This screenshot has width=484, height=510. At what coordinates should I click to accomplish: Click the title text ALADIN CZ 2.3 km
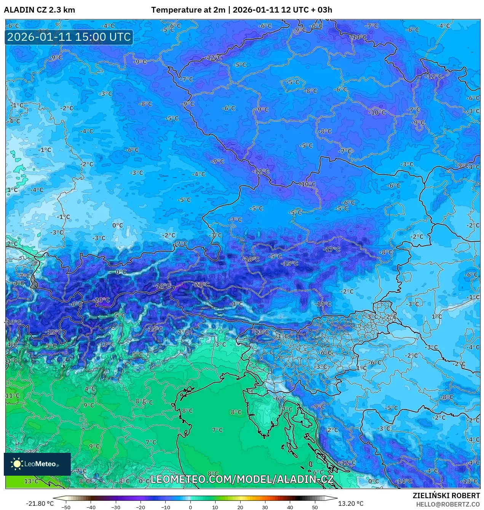(40, 10)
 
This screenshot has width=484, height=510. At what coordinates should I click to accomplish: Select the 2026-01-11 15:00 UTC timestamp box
(69, 37)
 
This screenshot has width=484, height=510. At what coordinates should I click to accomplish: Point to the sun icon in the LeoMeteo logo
(17, 464)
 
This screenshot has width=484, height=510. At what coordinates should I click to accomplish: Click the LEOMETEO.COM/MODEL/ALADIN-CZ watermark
(242, 479)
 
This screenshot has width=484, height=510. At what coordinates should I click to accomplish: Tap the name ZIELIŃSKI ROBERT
(446, 496)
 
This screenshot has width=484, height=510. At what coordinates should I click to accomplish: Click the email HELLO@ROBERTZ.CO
(448, 504)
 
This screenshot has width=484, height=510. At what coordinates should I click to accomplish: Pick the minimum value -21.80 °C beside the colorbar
(40, 504)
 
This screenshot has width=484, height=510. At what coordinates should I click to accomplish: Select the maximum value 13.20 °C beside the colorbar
(351, 504)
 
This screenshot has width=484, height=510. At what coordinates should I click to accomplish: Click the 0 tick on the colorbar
(190, 507)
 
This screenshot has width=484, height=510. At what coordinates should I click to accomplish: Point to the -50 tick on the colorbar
(66, 507)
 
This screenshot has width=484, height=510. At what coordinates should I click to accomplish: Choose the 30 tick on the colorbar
(265, 507)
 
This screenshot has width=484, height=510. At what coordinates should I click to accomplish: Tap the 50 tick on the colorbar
(315, 507)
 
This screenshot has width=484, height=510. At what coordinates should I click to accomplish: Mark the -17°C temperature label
(332, 249)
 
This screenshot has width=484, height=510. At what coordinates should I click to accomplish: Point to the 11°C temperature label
(12, 396)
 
